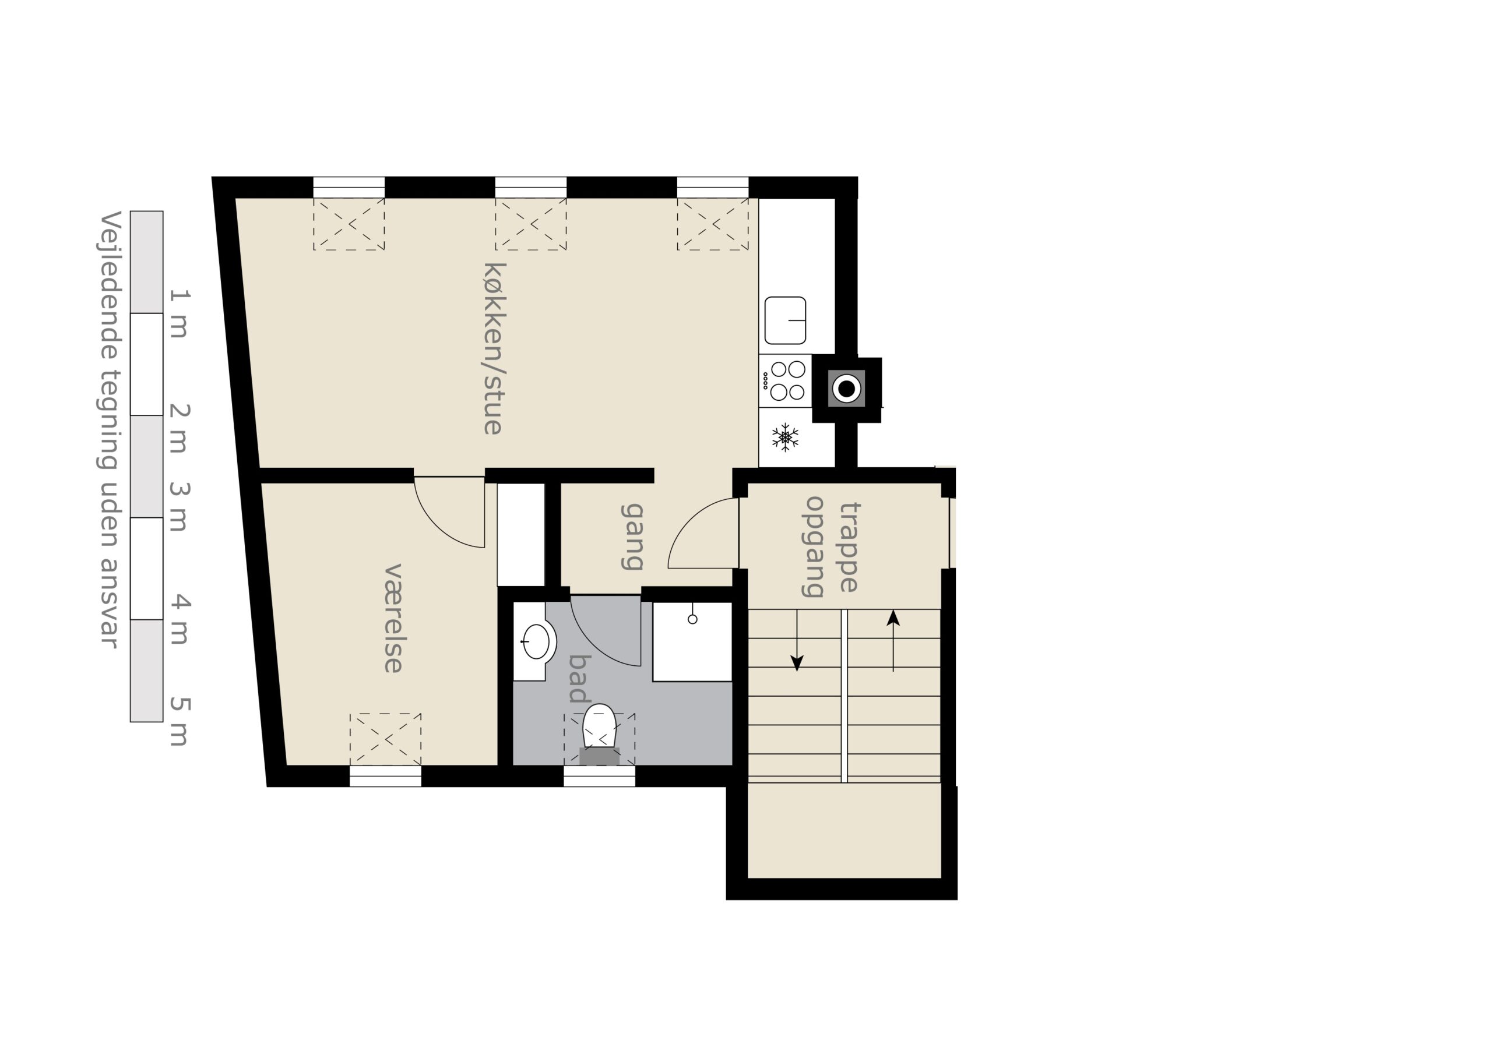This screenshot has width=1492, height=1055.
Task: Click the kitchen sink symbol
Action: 785,320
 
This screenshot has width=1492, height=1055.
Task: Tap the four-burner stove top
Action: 785,380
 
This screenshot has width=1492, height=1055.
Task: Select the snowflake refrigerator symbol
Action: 785,437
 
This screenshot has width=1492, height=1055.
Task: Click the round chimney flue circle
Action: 846,389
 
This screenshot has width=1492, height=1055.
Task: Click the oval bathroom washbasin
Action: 536,642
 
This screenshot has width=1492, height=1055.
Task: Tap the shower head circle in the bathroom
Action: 693,619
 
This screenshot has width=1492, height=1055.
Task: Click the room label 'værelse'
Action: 393,618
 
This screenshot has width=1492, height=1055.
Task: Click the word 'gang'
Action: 632,537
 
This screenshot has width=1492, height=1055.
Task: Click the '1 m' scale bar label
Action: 180,314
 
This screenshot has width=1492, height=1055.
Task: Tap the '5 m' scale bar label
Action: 180,721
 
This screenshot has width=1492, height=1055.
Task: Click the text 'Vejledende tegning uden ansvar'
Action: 109,429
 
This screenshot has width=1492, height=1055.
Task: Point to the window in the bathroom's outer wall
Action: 599,777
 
